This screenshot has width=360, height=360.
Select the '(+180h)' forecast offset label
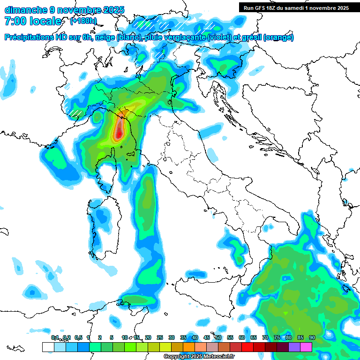[83, 21]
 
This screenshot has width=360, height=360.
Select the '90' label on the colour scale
[312, 337]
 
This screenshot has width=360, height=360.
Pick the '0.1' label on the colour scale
[55, 337]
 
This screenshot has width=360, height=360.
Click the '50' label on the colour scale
[218, 337]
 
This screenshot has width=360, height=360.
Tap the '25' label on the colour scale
[160, 337]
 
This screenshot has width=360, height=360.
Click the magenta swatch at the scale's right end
[306, 347]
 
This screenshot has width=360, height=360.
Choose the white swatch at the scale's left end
[48, 347]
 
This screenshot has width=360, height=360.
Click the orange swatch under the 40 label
[189, 347]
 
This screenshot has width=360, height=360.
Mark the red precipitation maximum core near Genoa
[119, 133]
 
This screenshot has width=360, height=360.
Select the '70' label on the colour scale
[265, 337]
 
